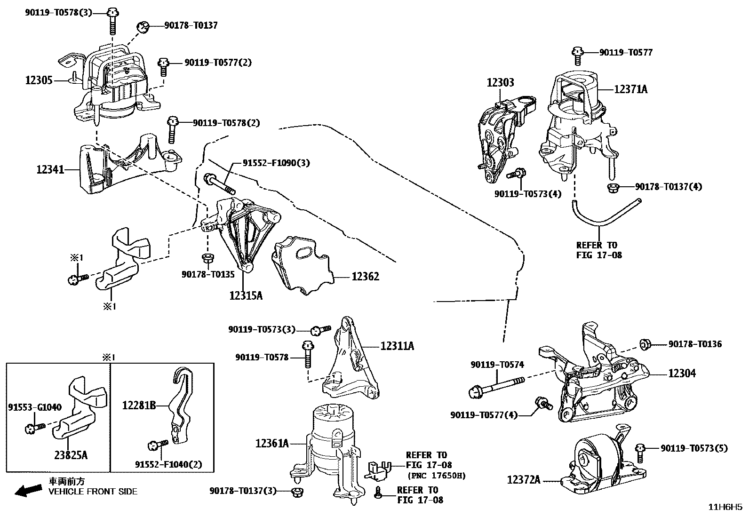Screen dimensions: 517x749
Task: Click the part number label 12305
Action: click(x=39, y=80)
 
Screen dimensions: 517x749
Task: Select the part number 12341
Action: click(x=50, y=169)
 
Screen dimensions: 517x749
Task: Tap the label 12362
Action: click(x=365, y=276)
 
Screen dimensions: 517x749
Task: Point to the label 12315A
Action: click(x=246, y=295)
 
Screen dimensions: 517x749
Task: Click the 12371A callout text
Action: click(x=630, y=88)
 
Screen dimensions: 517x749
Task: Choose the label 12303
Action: click(x=500, y=82)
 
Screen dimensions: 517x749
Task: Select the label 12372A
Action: click(x=524, y=480)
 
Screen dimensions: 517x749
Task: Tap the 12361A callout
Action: click(x=272, y=443)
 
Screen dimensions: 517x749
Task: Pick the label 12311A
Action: click(x=397, y=346)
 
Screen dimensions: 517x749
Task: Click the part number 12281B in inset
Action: click(x=139, y=405)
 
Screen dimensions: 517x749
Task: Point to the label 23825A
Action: click(x=71, y=455)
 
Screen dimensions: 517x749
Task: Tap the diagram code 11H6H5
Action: click(x=725, y=507)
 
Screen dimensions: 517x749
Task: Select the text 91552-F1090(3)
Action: click(x=276, y=163)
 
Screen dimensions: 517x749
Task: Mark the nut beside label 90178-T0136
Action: click(x=645, y=344)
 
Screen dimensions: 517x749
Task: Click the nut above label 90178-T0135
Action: click(x=206, y=258)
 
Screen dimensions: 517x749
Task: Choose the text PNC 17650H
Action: click(x=436, y=476)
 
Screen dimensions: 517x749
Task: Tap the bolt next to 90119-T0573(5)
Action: click(x=640, y=452)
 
